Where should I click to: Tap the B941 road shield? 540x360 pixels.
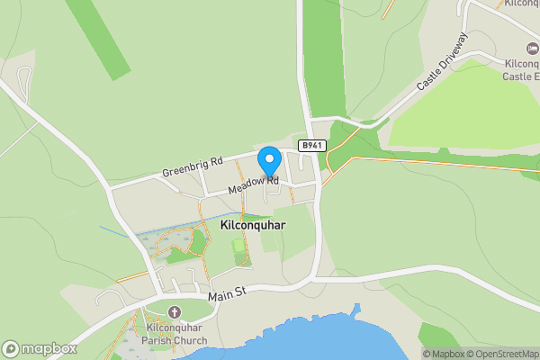click(x=311, y=145)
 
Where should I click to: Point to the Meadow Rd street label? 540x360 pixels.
click(x=253, y=185)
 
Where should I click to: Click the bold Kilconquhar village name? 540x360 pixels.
click(x=252, y=226)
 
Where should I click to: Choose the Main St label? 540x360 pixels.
click(x=226, y=295)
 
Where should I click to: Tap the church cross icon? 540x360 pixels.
click(x=175, y=311)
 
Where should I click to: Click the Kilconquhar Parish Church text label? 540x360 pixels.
click(x=175, y=334)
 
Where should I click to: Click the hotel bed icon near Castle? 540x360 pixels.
click(x=531, y=47)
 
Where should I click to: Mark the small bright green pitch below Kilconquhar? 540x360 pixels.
click(x=238, y=246)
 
